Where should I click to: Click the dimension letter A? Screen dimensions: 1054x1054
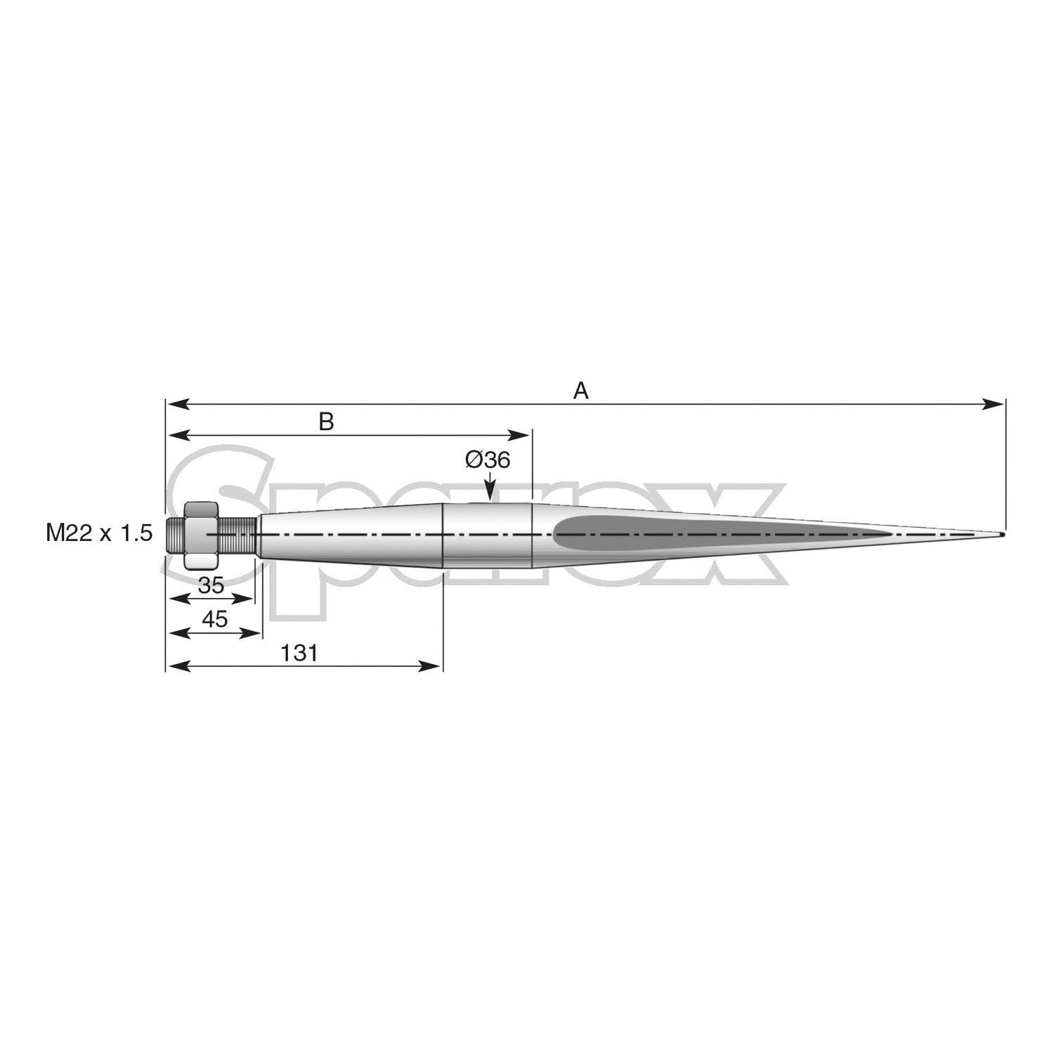(x=580, y=391)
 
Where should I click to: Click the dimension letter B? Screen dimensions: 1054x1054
(x=326, y=422)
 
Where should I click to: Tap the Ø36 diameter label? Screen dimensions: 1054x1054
(x=487, y=460)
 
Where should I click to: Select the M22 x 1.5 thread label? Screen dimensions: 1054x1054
(x=99, y=533)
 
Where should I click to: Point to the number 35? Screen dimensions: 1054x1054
(x=211, y=585)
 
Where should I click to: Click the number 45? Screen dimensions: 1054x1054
(x=214, y=619)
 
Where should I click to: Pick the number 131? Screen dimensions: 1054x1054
(x=299, y=653)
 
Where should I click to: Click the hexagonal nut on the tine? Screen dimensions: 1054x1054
(x=202, y=535)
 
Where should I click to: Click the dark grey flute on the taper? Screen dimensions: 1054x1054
(x=703, y=535)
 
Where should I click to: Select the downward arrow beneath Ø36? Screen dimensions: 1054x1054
(x=489, y=488)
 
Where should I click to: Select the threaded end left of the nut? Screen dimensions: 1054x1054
(x=176, y=535)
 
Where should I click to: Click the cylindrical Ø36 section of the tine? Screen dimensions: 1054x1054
(x=487, y=535)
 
